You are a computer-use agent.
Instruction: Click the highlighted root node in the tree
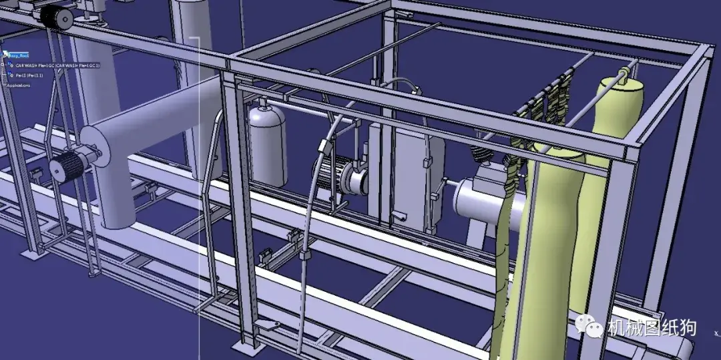[x=18, y=55]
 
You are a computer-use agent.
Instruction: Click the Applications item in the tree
[x=18, y=85]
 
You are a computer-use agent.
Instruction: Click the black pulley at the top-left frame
[x=57, y=18]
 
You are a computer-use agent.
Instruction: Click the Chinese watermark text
[x=652, y=327]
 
